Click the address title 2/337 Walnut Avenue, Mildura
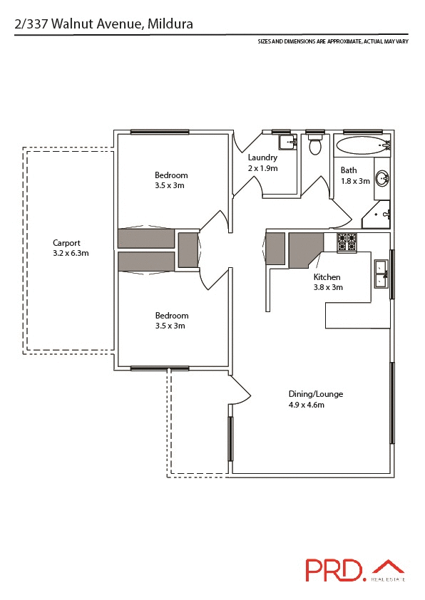click(x=103, y=24)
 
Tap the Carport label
click(x=66, y=242)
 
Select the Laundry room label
click(x=262, y=157)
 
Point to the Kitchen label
click(x=327, y=276)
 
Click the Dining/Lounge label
click(x=315, y=394)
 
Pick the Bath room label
click(x=349, y=170)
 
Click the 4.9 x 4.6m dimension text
click(x=306, y=405)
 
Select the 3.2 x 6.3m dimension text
click(x=71, y=253)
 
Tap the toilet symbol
click(x=314, y=146)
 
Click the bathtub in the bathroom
click(x=363, y=146)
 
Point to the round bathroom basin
click(x=382, y=178)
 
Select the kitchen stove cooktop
click(x=347, y=242)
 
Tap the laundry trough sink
click(x=287, y=141)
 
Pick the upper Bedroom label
click(x=171, y=175)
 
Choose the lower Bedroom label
click(x=171, y=316)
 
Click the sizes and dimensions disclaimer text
click(x=332, y=42)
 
